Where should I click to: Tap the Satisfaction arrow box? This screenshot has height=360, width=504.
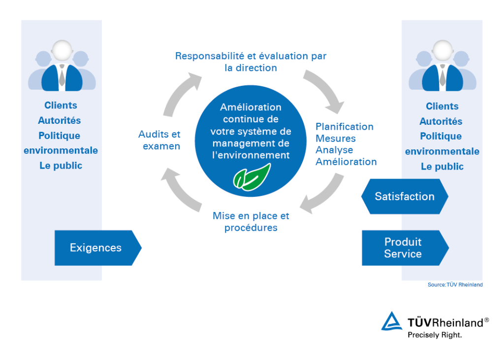pos(405,196)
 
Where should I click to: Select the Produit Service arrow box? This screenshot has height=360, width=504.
pos(404,248)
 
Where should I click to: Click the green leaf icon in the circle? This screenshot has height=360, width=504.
pos(252,177)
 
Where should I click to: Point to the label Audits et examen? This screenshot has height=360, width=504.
pos(160,140)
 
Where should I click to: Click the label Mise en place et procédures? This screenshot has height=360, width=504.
pos(251,222)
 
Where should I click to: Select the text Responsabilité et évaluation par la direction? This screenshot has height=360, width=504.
pos(251,62)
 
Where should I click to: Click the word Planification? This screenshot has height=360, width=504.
pos(345,127)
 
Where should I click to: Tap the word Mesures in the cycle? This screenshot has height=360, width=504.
pos(336,139)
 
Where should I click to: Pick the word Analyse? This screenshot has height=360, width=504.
pos(334,150)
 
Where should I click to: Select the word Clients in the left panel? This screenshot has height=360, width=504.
pos(61,106)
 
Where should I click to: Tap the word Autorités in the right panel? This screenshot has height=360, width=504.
pos(441,121)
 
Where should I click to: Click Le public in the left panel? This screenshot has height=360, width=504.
pos(61,166)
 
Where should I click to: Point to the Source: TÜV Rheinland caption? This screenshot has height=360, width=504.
pos(455,285)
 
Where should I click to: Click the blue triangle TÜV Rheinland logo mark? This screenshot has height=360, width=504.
pos(392,322)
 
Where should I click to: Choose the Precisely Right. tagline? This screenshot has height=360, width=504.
pos(435,335)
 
